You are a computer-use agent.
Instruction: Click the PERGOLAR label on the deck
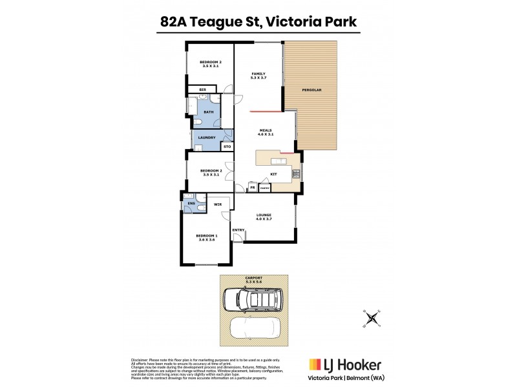[311, 90]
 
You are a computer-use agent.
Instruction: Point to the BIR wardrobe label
[202, 89]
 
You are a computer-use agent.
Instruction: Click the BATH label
[208, 112]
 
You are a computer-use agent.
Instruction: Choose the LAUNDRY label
[207, 137]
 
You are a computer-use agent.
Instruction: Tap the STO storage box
[227, 147]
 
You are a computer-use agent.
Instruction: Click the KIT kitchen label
[273, 173]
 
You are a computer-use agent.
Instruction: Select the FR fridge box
[251, 187]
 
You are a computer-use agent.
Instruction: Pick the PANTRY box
[264, 187]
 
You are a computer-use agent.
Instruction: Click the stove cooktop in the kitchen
[297, 173]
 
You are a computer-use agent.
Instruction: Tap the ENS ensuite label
[191, 204]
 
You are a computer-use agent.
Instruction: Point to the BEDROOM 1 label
[207, 237]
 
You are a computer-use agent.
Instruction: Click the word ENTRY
[238, 230]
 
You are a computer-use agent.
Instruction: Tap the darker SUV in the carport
[251, 299]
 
